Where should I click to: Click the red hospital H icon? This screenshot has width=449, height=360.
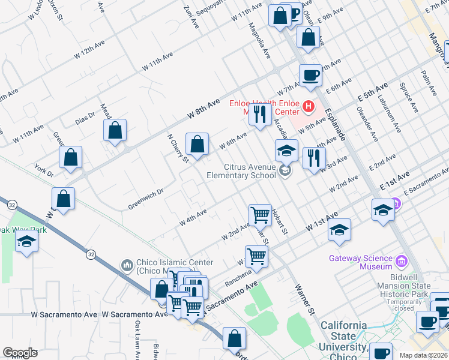click(309, 107)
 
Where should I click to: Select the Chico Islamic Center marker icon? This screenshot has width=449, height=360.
click(127, 265)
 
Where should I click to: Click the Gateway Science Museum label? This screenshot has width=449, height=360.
click(360, 259)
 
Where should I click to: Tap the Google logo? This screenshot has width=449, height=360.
click(20, 353)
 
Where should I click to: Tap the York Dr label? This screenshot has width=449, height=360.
click(44, 170)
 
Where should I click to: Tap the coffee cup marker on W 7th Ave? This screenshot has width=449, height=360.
click(310, 76)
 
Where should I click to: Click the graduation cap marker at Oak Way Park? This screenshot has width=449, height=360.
click(26, 242)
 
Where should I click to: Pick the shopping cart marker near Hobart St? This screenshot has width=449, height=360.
click(260, 214)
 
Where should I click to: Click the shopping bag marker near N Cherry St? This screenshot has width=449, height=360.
click(197, 144)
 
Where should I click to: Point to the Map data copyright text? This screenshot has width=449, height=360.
click(424, 355)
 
